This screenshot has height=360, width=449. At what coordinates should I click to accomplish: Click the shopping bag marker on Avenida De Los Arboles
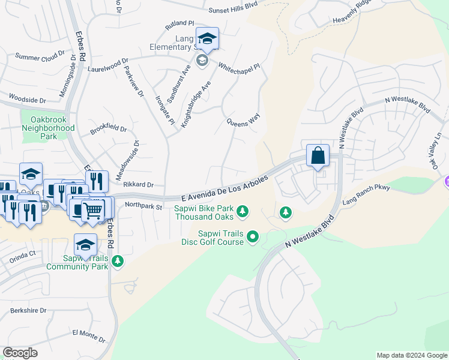[x=318, y=156]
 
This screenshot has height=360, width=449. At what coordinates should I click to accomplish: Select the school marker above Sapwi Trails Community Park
[x=85, y=245]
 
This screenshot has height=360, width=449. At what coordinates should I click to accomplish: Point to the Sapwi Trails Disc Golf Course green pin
[x=253, y=238]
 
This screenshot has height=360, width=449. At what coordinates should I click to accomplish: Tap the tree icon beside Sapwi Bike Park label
[x=243, y=211]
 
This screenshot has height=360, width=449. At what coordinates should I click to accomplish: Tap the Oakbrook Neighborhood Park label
[x=48, y=128]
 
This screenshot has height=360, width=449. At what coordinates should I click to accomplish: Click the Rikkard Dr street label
[x=139, y=185]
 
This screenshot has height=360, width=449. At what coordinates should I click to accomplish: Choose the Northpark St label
[x=143, y=206]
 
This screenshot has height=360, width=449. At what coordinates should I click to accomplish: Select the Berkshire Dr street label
[x=28, y=310]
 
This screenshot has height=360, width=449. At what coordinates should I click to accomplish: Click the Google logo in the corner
[x=20, y=353]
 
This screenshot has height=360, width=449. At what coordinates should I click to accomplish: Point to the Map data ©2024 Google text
[x=411, y=355]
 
